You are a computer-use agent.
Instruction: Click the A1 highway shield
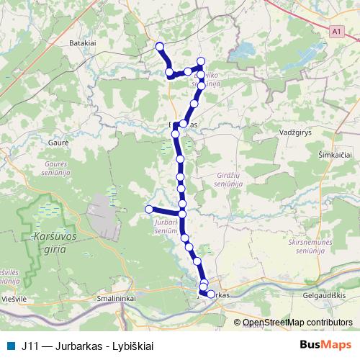coord(336,32)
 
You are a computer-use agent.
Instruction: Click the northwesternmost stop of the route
coord(160,48)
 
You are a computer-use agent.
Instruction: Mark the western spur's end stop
coord(150,209)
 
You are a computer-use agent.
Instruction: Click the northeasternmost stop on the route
coord(201,61)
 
